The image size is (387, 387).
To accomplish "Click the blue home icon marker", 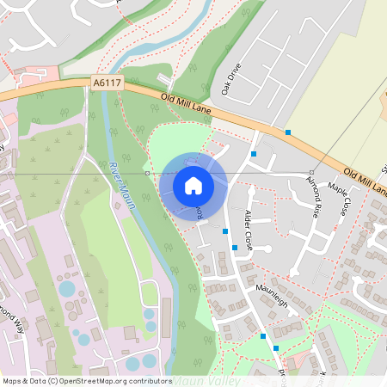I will pos(193,185).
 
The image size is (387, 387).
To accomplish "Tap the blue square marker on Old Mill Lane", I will pos(287,132).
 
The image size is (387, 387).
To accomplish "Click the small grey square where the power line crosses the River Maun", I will pos(148,174).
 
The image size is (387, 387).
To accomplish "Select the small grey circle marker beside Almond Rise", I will pos(310,173).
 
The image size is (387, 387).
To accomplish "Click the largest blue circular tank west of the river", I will pos(67,289).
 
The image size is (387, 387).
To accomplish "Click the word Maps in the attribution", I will pos(14,380).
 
